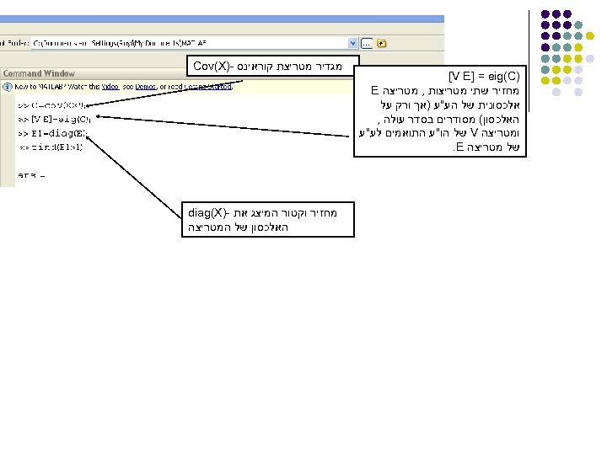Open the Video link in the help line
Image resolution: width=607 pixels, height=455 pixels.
click(x=110, y=86)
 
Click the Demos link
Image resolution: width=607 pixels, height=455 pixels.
click(x=148, y=86)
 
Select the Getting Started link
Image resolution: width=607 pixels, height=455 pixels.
click(x=212, y=86)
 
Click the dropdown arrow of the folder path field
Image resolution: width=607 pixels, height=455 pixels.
click(x=353, y=42)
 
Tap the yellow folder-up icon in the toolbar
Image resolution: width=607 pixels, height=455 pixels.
click(x=382, y=42)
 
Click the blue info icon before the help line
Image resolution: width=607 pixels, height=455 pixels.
click(x=7, y=86)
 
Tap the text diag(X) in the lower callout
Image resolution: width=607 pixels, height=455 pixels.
click(x=206, y=213)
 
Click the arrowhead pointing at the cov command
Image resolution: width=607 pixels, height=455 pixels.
click(x=88, y=105)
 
